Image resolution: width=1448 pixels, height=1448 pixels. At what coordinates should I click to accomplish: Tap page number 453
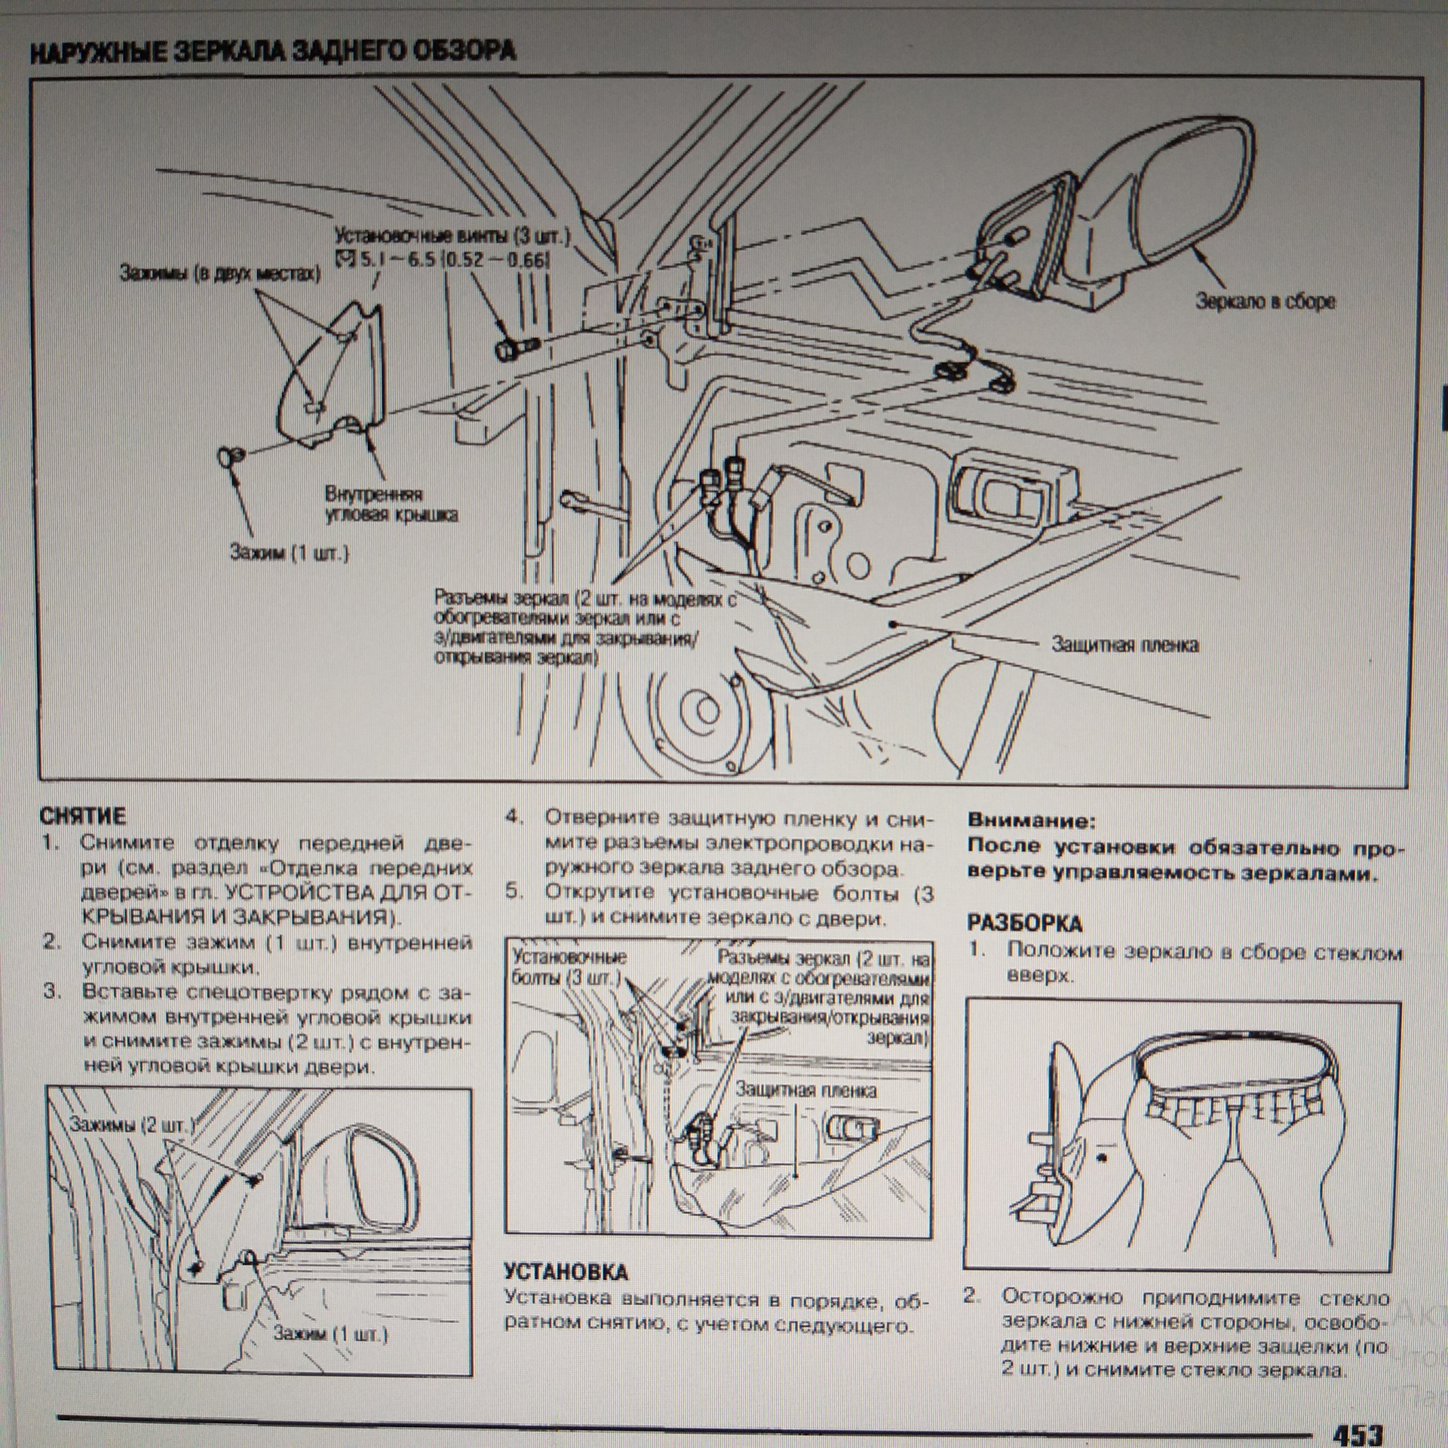click(1358, 1429)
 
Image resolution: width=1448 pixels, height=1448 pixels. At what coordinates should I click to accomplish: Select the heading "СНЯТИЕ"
click(83, 815)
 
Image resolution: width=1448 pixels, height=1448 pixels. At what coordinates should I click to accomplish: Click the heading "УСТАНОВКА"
click(566, 1272)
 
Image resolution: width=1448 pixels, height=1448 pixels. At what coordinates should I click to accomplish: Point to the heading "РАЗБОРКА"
click(1024, 923)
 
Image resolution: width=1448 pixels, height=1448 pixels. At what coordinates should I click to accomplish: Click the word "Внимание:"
click(1029, 820)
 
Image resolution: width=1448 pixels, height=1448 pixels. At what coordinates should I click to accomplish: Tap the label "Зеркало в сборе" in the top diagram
click(1265, 302)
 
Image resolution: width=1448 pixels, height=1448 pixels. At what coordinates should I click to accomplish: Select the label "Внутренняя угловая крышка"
click(390, 505)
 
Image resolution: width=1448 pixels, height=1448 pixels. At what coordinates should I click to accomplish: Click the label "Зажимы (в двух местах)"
click(219, 274)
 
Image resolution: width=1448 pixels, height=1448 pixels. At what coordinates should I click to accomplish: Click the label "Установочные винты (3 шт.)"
click(452, 236)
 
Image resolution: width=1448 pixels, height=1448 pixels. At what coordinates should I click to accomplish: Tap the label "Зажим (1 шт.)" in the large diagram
click(290, 554)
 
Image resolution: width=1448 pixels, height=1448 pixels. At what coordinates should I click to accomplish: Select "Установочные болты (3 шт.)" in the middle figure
click(569, 968)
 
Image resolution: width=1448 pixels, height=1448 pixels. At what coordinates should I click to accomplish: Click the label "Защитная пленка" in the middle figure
click(805, 1091)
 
